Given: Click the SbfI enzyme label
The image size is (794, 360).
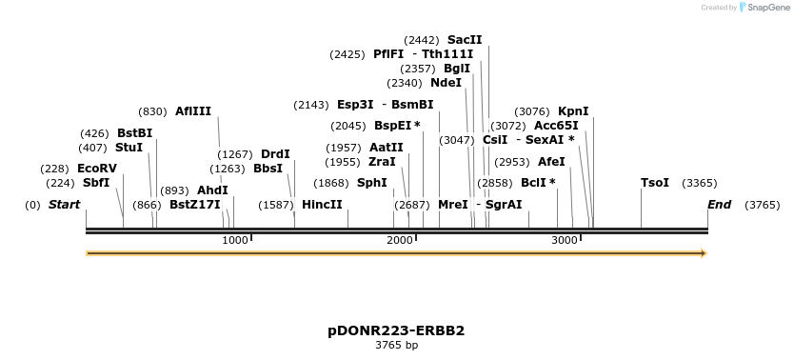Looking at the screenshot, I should tap(96, 183).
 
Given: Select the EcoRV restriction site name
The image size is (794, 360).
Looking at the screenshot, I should tap(97, 169).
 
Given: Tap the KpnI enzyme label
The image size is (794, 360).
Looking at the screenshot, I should tap(573, 111).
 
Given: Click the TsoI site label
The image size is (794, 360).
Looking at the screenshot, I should tap(655, 183).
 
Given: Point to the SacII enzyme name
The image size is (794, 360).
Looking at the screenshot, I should tap(465, 40).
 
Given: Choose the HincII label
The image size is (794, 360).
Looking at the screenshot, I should tap(322, 205).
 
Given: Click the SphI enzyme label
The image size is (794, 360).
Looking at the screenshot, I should tap(371, 183).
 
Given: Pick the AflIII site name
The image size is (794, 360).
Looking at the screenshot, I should tap(193, 111).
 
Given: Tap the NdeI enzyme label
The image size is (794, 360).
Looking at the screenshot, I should tap(446, 83).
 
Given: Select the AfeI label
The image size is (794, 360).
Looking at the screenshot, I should tap(551, 162).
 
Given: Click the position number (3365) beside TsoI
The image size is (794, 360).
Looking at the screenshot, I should tap(700, 183).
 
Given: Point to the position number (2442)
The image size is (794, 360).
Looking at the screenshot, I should tap(422, 40).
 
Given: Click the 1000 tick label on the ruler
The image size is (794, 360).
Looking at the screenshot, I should tap(234, 241).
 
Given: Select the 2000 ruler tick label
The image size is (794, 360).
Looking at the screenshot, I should tap(400, 241).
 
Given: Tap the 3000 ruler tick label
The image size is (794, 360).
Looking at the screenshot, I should tap(565, 241).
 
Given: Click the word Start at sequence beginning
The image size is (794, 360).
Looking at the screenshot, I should tap(64, 205).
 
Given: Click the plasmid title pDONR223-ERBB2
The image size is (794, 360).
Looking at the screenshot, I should tap(396, 330).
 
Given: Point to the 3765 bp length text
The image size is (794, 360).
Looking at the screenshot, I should tap(396, 345).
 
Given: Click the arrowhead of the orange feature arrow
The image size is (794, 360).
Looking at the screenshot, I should tap(704, 253).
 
